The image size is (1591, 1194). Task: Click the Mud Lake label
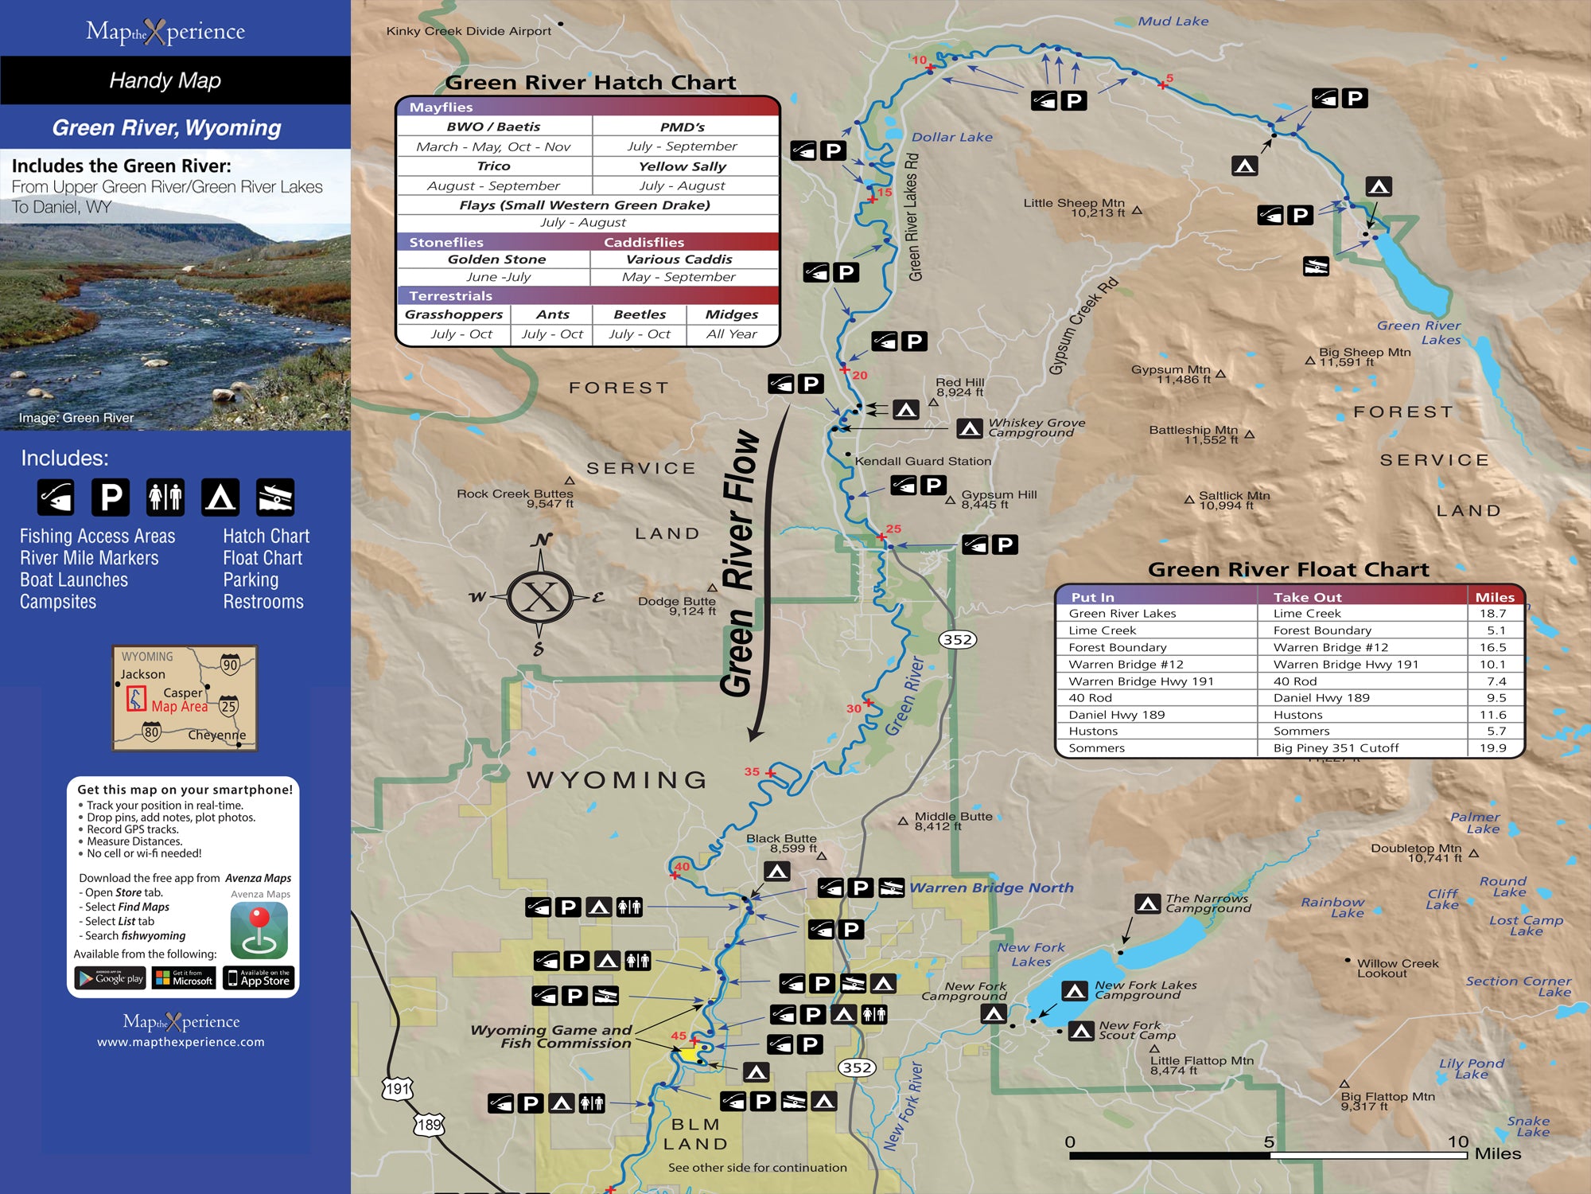point(1173,21)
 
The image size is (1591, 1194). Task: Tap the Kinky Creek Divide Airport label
point(469,31)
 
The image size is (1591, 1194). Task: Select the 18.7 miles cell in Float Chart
point(1492,614)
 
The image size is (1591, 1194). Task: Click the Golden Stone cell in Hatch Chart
point(496,259)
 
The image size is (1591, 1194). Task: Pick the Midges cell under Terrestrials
point(731,315)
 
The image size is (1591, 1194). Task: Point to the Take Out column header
point(1307,597)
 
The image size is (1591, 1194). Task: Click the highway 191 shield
point(398,1088)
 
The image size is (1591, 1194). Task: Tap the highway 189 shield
point(429,1125)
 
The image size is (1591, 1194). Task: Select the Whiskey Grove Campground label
point(1036,427)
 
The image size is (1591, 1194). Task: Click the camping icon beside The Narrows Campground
point(1147,903)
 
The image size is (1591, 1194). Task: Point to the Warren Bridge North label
point(991,888)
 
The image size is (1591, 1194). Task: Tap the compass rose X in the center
point(541,597)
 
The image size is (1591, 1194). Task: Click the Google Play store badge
point(111,978)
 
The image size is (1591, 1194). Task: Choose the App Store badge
point(259,978)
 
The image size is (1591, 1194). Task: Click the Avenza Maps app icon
point(259,931)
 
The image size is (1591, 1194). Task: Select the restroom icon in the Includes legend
point(165,497)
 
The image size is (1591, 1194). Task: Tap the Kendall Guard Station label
point(923,461)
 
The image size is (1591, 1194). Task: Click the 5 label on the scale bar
point(1269,1141)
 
